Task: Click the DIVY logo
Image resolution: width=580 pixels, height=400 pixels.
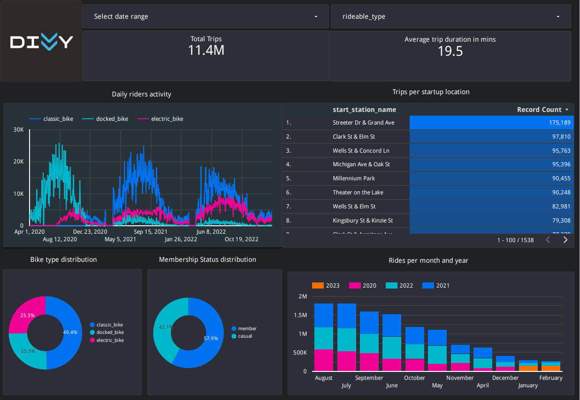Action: (x=41, y=42)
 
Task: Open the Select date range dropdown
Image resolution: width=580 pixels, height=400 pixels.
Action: (x=206, y=17)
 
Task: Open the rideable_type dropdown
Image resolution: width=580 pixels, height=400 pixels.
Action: (x=450, y=17)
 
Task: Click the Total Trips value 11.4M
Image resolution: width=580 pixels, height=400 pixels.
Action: (x=206, y=51)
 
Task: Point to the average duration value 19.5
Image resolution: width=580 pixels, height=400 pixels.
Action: (x=450, y=51)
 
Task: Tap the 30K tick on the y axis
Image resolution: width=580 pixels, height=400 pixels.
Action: (x=18, y=129)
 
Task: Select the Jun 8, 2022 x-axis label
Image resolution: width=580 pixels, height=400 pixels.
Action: (x=211, y=231)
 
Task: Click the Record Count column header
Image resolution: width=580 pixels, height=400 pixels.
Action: (x=539, y=110)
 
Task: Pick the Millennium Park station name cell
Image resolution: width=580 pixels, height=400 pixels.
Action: (x=354, y=178)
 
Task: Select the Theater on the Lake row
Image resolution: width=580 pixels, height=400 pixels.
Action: (x=358, y=193)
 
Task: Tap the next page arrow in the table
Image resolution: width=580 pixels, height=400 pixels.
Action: (x=565, y=240)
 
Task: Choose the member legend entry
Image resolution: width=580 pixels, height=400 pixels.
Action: (x=247, y=328)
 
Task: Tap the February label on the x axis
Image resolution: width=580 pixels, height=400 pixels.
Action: (x=551, y=378)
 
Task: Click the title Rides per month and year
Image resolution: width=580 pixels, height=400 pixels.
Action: (x=428, y=260)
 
